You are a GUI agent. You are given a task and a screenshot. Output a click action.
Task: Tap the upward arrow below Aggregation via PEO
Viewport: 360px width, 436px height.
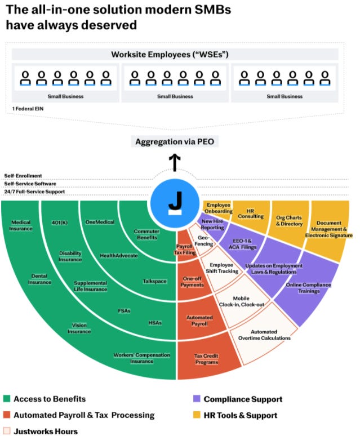coord(176,163)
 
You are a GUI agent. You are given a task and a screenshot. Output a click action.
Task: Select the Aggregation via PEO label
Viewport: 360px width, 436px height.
coord(176,142)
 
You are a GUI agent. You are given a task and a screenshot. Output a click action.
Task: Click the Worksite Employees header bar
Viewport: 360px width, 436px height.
coord(175,55)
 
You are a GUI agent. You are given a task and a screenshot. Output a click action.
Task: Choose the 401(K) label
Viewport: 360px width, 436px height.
coord(60,222)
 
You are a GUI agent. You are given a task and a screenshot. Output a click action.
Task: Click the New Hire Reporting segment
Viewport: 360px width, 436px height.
coord(212,225)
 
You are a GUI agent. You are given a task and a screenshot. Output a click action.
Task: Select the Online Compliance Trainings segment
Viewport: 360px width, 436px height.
coord(307,287)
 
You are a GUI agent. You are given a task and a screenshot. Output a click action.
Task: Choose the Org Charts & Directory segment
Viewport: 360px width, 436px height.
coord(290,220)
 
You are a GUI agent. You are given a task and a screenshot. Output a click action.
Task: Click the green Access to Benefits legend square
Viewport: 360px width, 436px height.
coord(7,399)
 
